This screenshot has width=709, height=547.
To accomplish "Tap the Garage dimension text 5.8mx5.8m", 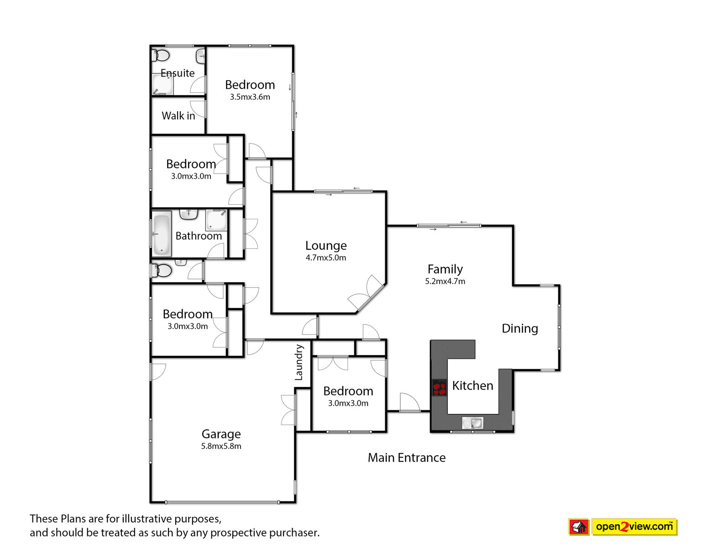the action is click(x=221, y=446).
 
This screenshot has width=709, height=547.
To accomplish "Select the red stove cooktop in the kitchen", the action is click(x=439, y=387).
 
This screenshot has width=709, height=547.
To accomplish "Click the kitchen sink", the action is click(x=473, y=423).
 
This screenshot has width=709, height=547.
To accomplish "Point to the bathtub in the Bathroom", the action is click(x=162, y=233).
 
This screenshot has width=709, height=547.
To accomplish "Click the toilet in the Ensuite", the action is click(x=160, y=56).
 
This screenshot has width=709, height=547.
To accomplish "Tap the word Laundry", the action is click(x=299, y=362).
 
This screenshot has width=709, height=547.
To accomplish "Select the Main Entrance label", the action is click(x=406, y=458).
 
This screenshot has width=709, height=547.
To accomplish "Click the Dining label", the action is click(x=520, y=329).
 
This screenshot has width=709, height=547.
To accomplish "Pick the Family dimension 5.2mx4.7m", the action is click(x=445, y=281).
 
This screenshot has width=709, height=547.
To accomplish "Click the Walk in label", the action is click(x=178, y=116).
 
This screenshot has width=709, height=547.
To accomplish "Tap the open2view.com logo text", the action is click(x=634, y=526).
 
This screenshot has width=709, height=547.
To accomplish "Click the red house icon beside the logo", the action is click(x=579, y=527).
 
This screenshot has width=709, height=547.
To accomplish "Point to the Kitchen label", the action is click(x=473, y=386).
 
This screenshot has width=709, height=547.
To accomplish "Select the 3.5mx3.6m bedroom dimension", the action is click(x=250, y=97).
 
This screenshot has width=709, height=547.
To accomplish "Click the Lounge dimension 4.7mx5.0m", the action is click(x=326, y=258).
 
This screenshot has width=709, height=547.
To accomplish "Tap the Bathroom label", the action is click(x=199, y=236).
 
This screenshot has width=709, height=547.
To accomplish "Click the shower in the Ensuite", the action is click(x=163, y=83).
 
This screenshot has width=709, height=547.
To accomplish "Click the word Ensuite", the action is click(x=178, y=73).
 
